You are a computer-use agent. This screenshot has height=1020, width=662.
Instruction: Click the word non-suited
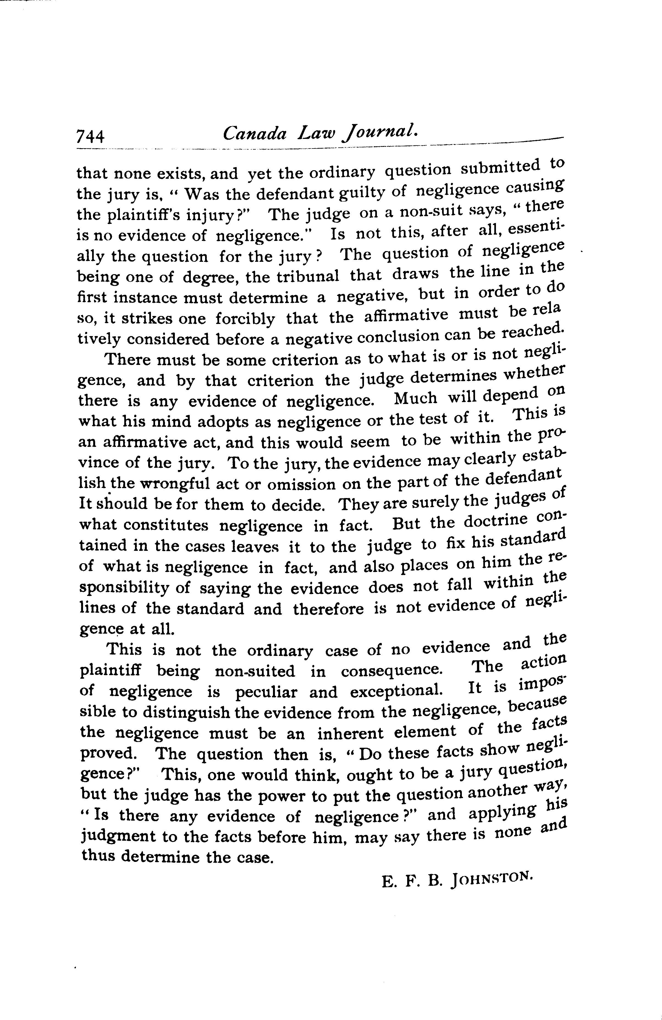pos(255,671)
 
